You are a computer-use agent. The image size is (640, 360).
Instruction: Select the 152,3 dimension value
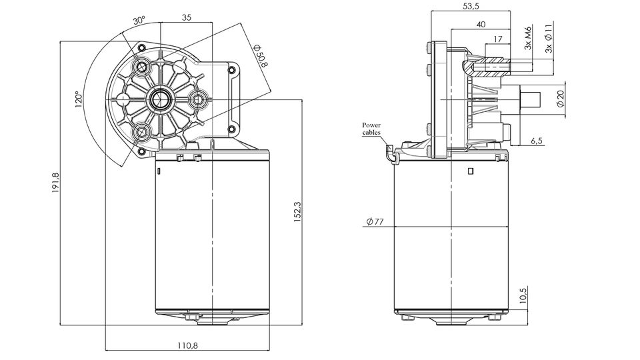[x=298, y=212]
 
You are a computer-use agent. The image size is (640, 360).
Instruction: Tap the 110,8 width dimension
[x=187, y=345]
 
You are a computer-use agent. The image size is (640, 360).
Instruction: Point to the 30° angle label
[x=139, y=21]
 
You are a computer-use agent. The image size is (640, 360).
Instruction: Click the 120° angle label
[x=79, y=99]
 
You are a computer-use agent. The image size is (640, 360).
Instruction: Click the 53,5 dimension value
[x=470, y=6]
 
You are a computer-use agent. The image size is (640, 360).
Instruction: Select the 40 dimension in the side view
[x=481, y=25]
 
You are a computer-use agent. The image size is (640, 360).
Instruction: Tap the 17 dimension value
[x=498, y=39]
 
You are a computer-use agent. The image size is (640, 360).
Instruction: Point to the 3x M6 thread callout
[x=528, y=39]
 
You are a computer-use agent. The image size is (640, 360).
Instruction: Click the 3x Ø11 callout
[x=549, y=37]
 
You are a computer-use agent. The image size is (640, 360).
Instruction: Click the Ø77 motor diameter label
[x=375, y=222]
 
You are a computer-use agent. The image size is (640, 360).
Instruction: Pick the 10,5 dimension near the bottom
[x=523, y=295]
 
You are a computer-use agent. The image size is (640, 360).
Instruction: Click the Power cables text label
[x=372, y=129]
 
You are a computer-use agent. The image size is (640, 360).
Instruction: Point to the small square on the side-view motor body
[x=471, y=171]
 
